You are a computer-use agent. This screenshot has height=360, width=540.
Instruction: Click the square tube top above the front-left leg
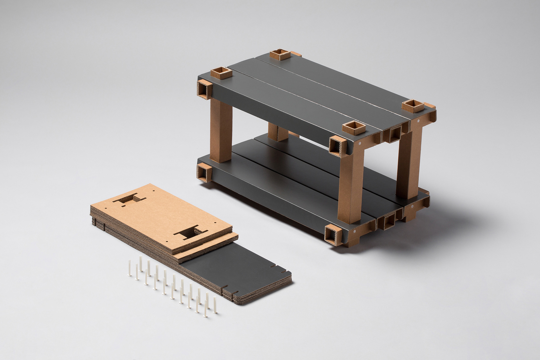point(354,128)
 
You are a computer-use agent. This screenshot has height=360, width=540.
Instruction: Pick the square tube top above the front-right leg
point(412,106)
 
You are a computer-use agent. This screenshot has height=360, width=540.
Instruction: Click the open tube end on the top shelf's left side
point(204,89)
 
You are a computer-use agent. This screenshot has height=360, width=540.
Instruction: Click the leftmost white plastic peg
point(129,268)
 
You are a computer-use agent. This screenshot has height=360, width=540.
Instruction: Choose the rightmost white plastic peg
point(215,305)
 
